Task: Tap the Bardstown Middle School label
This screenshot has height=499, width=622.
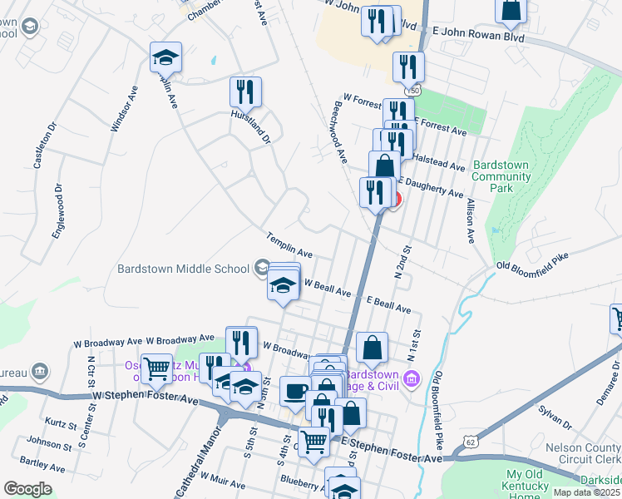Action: [x=184, y=269]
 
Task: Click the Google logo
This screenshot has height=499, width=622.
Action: [x=28, y=488]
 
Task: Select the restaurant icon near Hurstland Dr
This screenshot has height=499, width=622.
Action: [x=246, y=91]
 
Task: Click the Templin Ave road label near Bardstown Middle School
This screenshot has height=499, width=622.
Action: [x=289, y=245]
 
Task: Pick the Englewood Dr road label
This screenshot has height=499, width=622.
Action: [x=58, y=215]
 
